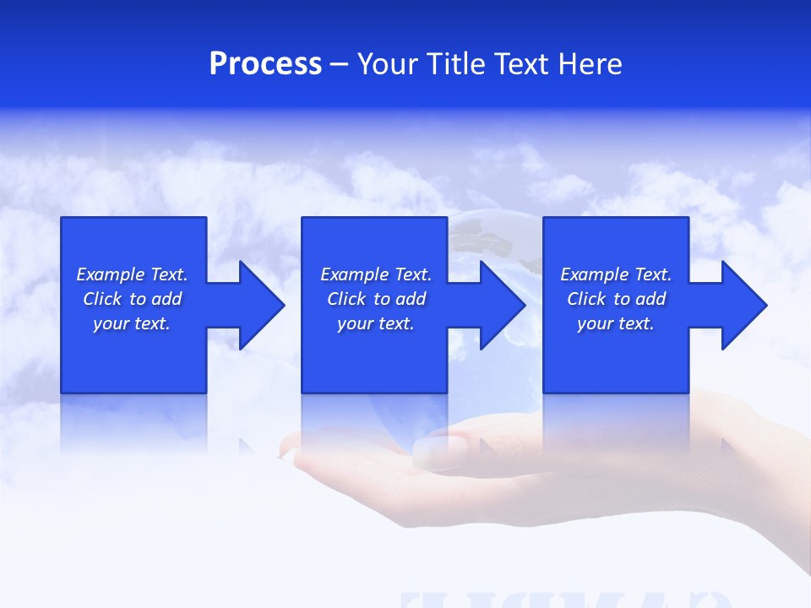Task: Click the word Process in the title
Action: pyautogui.click(x=265, y=64)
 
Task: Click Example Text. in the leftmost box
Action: pyautogui.click(x=132, y=274)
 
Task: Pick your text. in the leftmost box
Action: pyautogui.click(x=132, y=323)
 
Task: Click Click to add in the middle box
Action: pyautogui.click(x=376, y=299)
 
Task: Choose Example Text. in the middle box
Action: pyautogui.click(x=376, y=274)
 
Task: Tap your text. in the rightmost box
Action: pyautogui.click(x=615, y=323)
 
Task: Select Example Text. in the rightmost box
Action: pyautogui.click(x=616, y=274)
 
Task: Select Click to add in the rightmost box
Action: pyautogui.click(x=616, y=299)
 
